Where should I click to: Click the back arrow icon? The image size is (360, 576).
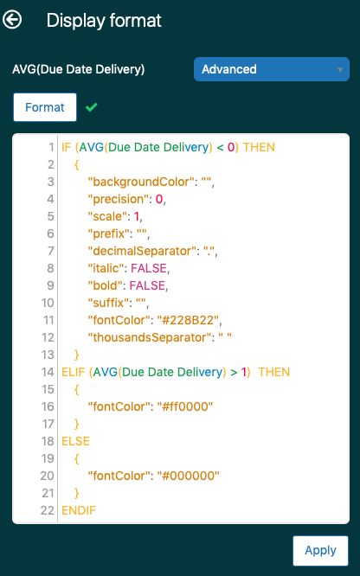12,20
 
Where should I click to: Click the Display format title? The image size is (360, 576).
104,21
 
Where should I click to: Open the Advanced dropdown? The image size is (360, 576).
272,69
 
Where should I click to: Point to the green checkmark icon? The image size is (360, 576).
91,107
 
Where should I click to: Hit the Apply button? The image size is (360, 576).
320,550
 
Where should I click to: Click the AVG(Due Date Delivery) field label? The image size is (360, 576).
79,69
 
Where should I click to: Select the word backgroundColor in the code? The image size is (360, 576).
141,182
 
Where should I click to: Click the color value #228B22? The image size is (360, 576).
188,320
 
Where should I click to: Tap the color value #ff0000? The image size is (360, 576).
185,406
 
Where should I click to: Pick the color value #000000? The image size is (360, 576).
188,476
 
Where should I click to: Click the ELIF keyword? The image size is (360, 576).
74,372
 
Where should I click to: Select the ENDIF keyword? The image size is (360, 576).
79,510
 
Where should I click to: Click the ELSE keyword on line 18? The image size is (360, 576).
76,441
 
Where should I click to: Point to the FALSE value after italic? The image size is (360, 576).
149,268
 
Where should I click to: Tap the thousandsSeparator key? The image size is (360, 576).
150,337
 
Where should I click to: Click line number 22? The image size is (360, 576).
48,510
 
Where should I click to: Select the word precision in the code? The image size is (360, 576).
118,199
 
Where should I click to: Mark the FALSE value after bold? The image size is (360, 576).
147,285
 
